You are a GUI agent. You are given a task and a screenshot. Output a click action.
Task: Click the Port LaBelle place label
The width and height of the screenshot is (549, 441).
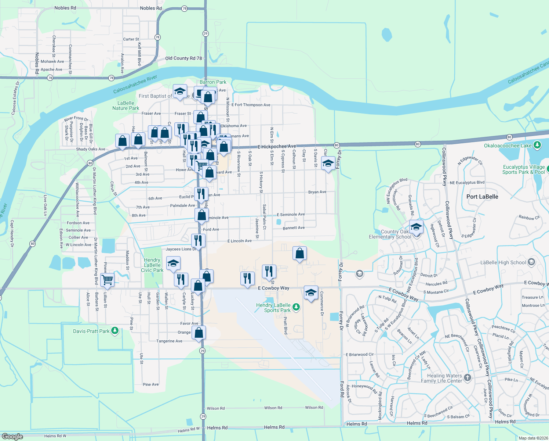click(x=482, y=197)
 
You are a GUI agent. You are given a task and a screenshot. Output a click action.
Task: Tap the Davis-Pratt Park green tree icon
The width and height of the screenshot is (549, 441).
click(x=115, y=331)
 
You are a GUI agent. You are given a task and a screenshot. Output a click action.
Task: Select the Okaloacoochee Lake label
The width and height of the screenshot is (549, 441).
click(x=508, y=146)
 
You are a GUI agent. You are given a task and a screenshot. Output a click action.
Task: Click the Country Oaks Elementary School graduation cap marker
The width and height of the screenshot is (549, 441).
click(x=416, y=227)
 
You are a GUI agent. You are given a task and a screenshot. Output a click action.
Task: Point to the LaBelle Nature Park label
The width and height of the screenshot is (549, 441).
click(x=126, y=105)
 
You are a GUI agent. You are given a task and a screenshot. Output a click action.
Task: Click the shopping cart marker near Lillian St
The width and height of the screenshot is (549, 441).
click(x=107, y=279)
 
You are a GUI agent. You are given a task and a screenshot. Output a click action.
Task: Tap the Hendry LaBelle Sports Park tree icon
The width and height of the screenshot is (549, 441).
click(x=296, y=307)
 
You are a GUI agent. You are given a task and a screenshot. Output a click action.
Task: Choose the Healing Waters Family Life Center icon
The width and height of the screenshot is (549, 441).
click(x=467, y=377)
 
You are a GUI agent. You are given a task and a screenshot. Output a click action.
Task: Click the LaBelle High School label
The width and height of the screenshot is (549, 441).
click(x=503, y=262)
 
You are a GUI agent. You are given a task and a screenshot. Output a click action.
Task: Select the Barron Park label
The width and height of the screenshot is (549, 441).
click(x=213, y=82)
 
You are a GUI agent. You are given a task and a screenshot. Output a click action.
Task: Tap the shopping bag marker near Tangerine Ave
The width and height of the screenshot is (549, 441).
click(x=199, y=333)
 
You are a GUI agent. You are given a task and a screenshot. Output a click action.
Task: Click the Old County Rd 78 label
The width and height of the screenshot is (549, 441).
click(x=183, y=58)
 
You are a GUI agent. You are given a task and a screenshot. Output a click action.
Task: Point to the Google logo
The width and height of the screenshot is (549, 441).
click(x=12, y=436)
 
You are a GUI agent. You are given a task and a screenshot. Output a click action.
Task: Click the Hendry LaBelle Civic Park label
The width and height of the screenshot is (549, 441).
click(x=152, y=265)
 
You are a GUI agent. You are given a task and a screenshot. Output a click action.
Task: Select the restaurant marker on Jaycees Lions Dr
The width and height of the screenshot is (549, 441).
click(x=198, y=241)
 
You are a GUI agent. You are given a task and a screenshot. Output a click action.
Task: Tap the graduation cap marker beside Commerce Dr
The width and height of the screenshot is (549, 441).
click(x=311, y=293)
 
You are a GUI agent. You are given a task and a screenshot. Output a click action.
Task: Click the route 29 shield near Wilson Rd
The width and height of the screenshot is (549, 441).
click(x=203, y=416)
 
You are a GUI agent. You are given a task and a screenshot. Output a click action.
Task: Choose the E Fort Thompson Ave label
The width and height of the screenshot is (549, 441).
click(x=251, y=105)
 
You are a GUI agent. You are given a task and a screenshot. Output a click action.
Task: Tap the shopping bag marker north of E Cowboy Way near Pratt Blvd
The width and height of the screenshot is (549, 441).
click(x=300, y=253)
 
